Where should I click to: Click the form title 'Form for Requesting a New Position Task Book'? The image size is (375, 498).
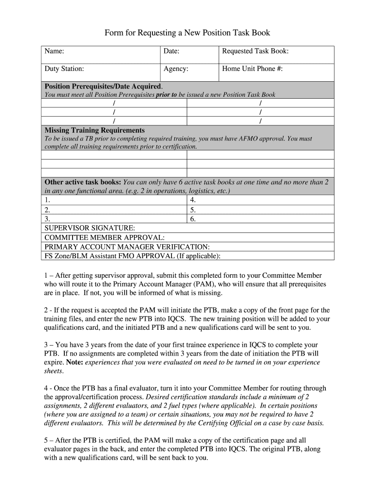point(187,33)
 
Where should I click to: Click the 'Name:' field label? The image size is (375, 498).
point(55,51)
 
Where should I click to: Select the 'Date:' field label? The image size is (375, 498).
point(171,51)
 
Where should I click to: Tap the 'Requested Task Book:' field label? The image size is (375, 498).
point(255,51)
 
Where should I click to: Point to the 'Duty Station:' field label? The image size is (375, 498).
point(64,69)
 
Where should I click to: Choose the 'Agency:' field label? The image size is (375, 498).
point(176,69)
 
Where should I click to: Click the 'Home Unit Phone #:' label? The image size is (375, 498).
point(252,69)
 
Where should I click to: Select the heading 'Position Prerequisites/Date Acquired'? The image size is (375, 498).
point(103,86)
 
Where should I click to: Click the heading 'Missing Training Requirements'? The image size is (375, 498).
point(94,130)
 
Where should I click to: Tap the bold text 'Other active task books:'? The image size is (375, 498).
point(83,182)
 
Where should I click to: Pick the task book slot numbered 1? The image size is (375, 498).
point(47,200)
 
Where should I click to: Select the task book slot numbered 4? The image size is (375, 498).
point(193,200)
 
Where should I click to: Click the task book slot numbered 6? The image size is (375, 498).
point(193,219)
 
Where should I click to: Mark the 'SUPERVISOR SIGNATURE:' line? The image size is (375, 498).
point(90,228)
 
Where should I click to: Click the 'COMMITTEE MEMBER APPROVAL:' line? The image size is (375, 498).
point(104,237)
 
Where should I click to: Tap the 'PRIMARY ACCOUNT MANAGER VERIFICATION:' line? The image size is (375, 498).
point(127,247)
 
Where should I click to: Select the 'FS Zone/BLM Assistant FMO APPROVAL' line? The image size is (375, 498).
point(132,256)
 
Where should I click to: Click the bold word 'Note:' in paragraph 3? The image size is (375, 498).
point(75,362)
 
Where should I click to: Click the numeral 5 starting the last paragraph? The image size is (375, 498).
point(46,440)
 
